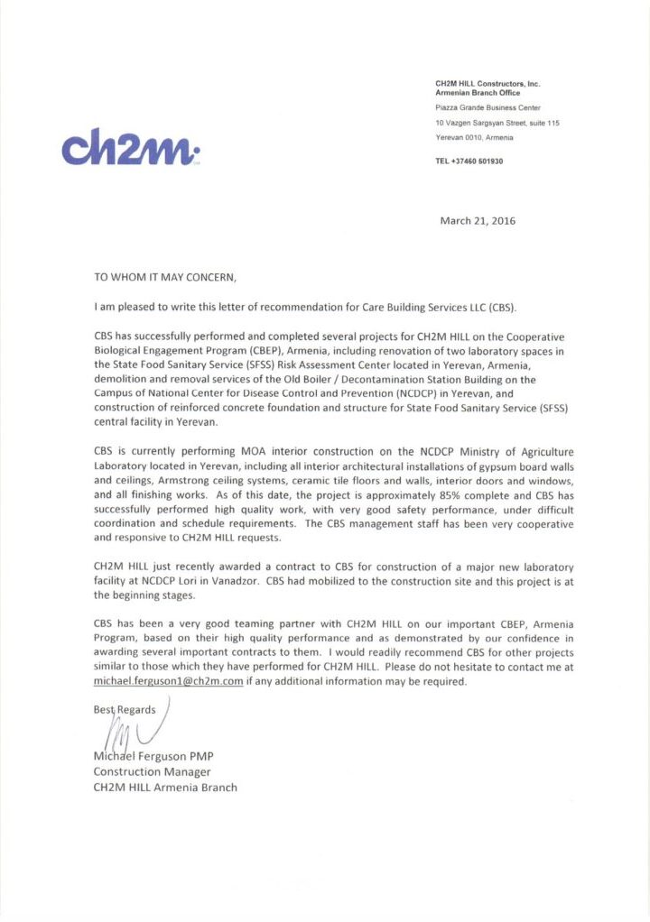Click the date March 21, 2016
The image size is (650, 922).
point(478,220)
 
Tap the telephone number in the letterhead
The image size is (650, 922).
point(469,161)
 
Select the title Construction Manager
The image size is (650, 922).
point(152,771)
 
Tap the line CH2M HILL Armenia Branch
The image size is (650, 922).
point(165,788)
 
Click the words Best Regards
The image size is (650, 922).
point(125,709)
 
